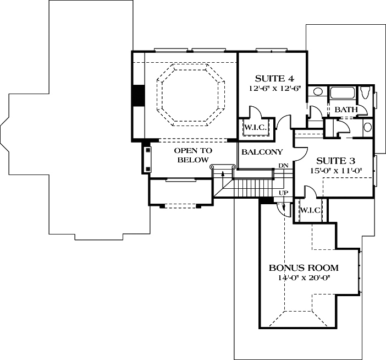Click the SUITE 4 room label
point(274,79)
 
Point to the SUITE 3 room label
point(335,161)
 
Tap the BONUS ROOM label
point(304,268)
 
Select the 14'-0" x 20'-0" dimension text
point(304,278)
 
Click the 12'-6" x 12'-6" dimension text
point(275,89)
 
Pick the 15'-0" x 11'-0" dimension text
point(336,171)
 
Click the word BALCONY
point(262,152)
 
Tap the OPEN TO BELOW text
point(193,155)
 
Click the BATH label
point(346,110)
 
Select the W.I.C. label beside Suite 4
point(256,128)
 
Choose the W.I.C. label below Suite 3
point(310,210)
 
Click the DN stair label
point(283,166)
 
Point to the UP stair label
point(283,193)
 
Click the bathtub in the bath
point(343,93)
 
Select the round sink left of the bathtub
point(318,92)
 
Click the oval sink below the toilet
point(368,127)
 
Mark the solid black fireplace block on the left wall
point(138,96)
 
